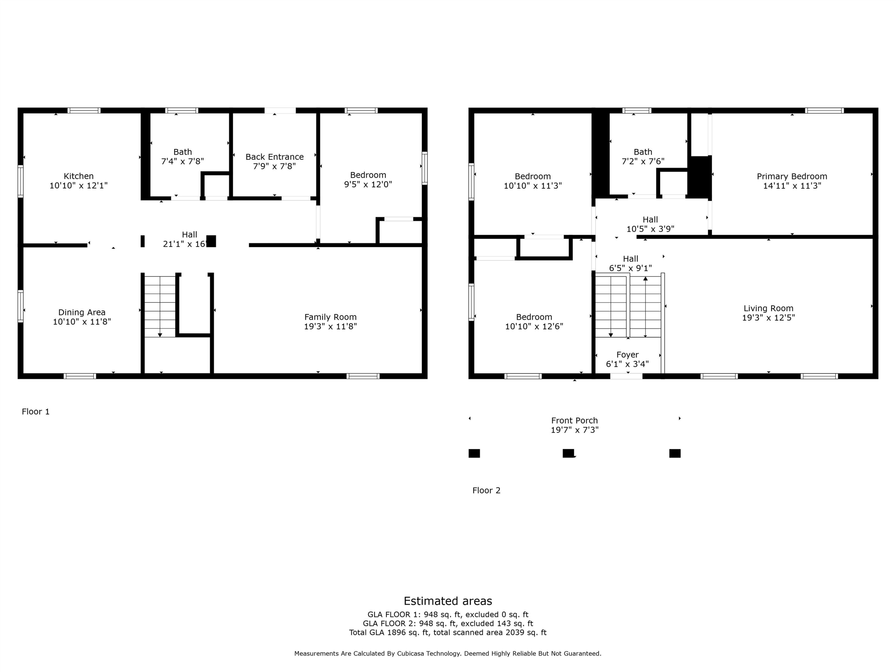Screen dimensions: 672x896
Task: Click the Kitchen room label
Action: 79,176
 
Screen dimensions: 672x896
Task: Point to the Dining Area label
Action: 82,312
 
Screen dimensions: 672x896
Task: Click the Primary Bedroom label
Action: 791,177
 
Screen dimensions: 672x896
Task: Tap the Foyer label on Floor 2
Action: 627,355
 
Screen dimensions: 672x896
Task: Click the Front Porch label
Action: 574,421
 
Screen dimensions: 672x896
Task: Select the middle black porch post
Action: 568,453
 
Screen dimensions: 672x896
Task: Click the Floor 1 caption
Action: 36,412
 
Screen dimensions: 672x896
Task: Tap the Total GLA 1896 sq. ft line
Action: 448,632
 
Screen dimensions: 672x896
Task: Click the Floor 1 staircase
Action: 160,306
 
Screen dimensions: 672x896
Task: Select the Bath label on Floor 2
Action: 643,152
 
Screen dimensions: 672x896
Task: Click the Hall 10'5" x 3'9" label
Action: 650,224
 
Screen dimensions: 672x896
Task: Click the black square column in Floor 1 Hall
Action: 211,241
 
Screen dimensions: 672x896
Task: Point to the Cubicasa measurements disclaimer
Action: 448,653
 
